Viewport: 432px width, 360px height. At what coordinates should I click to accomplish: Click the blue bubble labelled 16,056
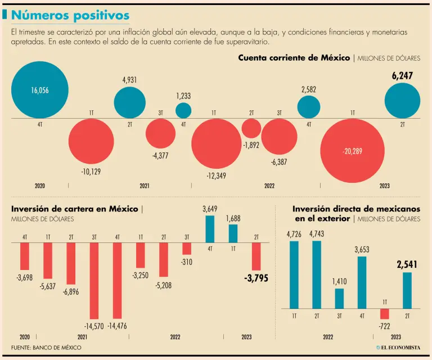coord(39,90)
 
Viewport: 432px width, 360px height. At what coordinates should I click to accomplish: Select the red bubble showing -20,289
coord(353,151)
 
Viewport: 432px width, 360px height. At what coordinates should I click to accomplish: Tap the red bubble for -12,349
coord(216,143)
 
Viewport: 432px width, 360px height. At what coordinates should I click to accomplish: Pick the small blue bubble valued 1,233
coord(183,110)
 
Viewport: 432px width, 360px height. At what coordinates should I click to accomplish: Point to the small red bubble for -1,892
coord(251,128)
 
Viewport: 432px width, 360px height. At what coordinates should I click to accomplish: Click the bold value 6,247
coord(402,76)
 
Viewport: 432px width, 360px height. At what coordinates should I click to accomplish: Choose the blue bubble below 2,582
coord(308,107)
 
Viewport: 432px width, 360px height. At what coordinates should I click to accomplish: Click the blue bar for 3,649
coord(210,229)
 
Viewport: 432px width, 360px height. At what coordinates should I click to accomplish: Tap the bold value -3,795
coord(255,278)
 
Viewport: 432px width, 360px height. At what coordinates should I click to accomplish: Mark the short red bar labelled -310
coord(187,249)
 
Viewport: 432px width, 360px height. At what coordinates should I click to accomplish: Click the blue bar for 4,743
coord(317,274)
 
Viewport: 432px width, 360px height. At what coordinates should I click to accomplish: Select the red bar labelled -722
coord(384,314)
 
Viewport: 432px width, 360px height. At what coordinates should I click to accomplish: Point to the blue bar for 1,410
coord(339,298)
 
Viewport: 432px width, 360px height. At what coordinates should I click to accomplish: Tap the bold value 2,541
coord(407,264)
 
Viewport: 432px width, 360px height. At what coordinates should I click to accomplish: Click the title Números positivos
coord(70,15)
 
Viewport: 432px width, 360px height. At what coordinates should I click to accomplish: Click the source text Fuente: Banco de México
coord(46,348)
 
